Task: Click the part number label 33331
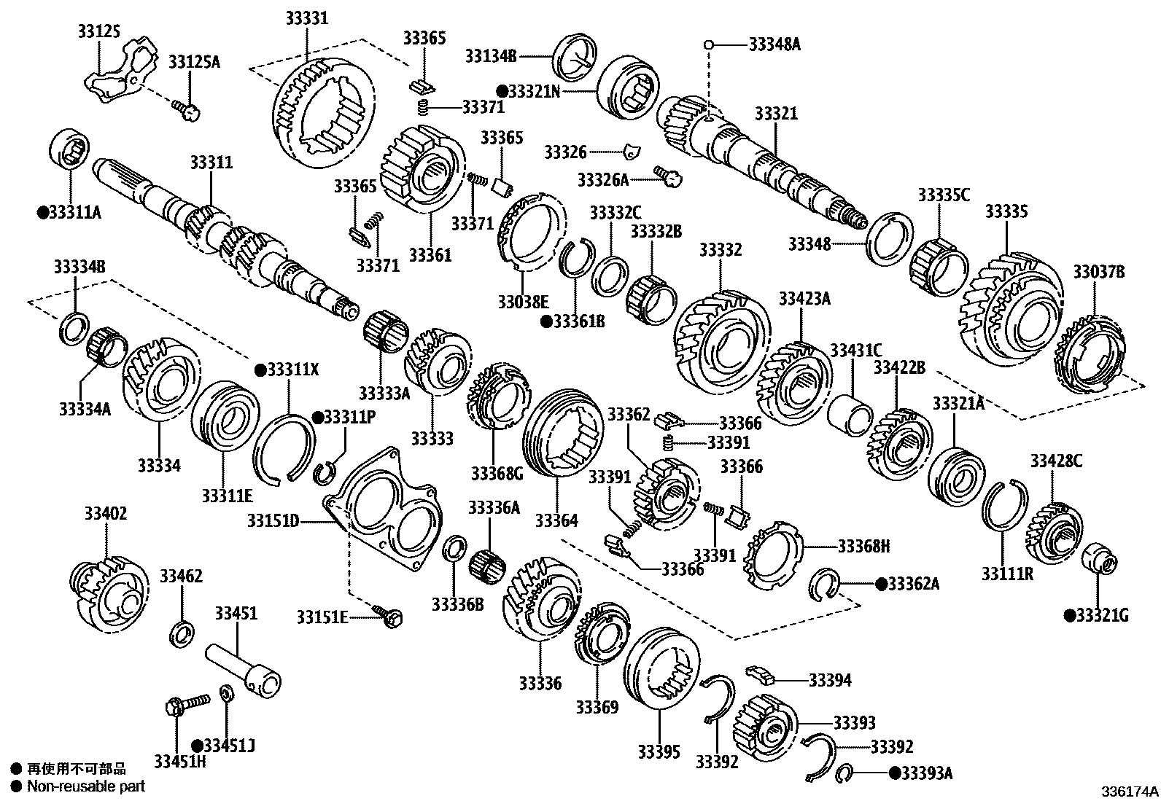[x=307, y=17]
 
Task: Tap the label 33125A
[x=194, y=62]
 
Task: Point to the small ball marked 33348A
[x=707, y=44]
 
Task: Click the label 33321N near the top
[x=533, y=91]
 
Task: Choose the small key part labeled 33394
[x=760, y=675]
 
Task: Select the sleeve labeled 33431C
[x=850, y=415]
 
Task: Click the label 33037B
[x=1098, y=272]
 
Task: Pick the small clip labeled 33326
[x=632, y=152]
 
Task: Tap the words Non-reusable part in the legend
[x=86, y=786]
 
